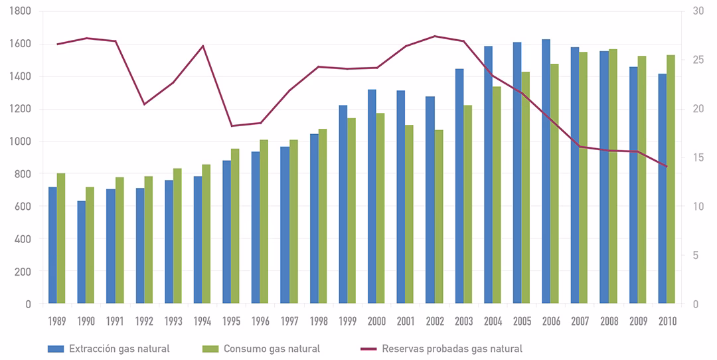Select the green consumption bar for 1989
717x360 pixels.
click(x=61, y=238)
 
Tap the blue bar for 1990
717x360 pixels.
click(x=82, y=252)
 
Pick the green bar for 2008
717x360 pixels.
click(x=613, y=176)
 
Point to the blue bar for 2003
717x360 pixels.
click(x=459, y=186)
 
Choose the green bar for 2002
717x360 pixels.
click(x=438, y=217)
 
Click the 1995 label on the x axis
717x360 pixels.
click(x=231, y=321)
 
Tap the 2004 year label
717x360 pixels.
click(x=493, y=321)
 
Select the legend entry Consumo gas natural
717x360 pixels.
click(x=272, y=349)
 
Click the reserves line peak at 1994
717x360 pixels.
click(x=202, y=46)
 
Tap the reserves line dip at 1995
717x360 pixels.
click(x=231, y=126)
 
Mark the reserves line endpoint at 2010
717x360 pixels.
click(x=667, y=167)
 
